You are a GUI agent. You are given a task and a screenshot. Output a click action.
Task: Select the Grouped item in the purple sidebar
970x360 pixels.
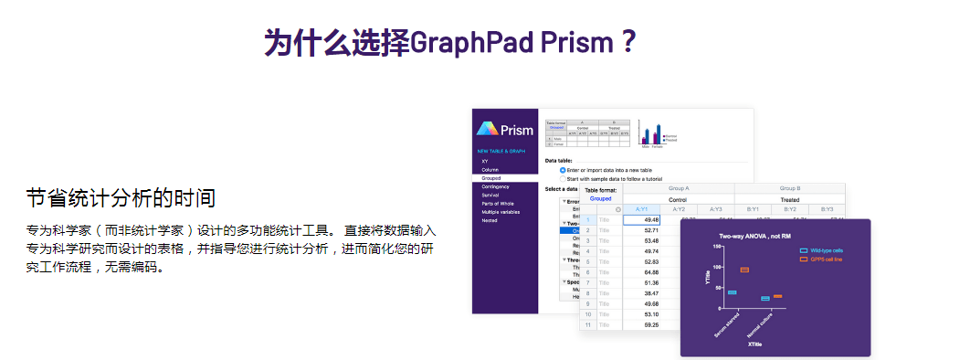click(x=491, y=178)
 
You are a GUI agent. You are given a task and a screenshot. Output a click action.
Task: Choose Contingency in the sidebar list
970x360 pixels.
click(x=495, y=186)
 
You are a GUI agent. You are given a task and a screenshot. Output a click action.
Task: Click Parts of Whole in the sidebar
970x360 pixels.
click(x=498, y=203)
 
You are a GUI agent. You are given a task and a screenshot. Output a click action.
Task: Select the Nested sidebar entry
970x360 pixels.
click(x=490, y=219)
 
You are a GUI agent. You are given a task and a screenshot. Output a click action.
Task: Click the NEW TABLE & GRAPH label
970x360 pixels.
click(x=501, y=151)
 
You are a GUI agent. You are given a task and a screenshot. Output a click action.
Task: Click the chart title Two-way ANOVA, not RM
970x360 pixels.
click(x=741, y=236)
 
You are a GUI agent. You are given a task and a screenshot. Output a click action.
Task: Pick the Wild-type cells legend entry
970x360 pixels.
click(x=826, y=249)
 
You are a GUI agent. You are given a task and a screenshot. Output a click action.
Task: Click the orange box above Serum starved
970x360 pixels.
click(x=744, y=270)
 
